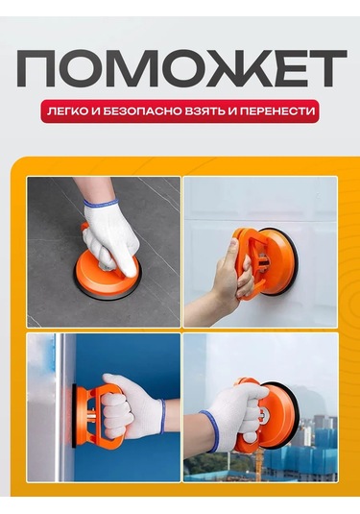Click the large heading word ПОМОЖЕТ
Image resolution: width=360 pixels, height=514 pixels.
point(181,68)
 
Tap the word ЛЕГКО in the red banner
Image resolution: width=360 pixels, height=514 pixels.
point(67,111)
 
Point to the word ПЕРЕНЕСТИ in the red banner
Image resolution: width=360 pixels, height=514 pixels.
point(276,111)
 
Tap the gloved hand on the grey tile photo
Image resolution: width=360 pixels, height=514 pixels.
point(109,236)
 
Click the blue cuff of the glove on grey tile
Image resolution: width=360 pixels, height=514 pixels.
point(100,204)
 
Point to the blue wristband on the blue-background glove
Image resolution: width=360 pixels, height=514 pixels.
point(161,416)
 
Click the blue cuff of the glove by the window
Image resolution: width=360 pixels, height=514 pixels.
point(209,431)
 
